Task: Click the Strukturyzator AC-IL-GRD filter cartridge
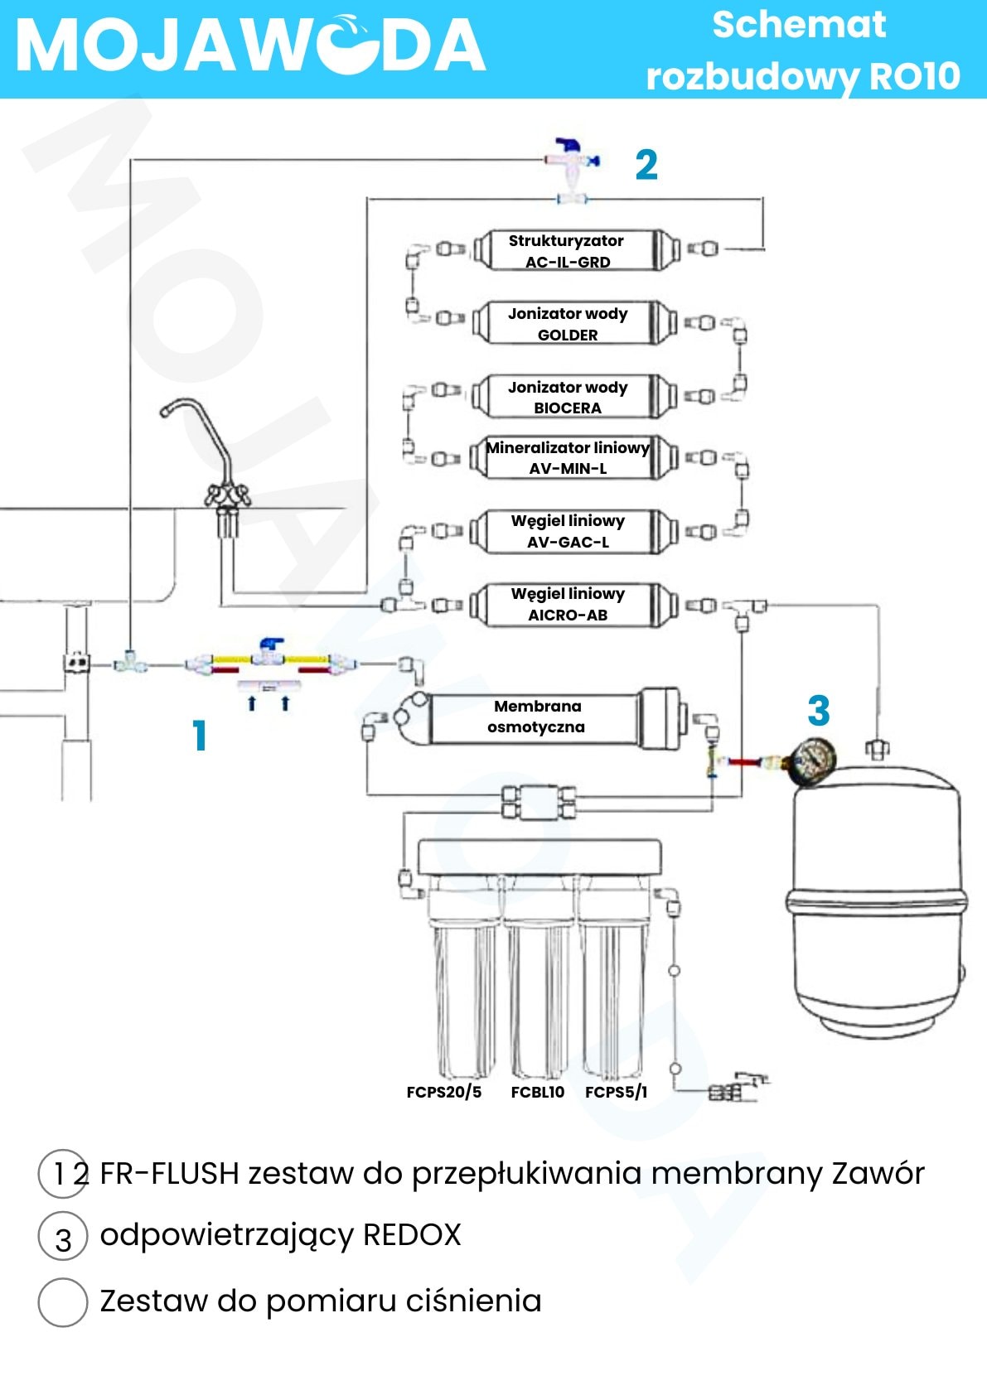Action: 568,250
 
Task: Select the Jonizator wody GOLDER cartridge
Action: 568,323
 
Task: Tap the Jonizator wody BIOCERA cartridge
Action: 568,397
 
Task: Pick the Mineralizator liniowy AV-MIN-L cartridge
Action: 568,457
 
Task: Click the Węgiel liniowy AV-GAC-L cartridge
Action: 568,531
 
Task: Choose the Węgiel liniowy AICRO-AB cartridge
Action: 568,604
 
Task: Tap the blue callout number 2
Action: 646,165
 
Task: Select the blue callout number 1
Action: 199,736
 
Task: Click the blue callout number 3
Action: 818,711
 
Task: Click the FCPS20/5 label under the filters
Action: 443,1092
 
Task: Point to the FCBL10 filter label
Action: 537,1092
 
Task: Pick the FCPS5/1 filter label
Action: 616,1092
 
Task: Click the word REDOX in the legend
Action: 412,1234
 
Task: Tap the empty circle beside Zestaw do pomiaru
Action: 63,1301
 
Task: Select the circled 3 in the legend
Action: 63,1238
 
